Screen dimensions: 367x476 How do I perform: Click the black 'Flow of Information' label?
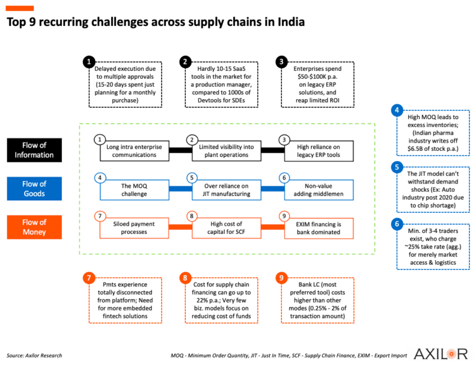pos(34,150)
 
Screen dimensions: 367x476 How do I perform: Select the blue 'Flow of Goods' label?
pos(34,188)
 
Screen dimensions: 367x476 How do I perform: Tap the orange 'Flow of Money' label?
pos(34,227)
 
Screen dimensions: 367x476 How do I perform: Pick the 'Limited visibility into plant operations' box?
pos(223,150)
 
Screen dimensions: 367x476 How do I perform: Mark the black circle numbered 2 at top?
pos(185,61)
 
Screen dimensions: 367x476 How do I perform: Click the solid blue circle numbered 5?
pos(396,167)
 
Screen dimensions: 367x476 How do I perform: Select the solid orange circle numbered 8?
pos(185,278)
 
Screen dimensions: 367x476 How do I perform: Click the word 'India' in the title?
pos(288,22)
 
